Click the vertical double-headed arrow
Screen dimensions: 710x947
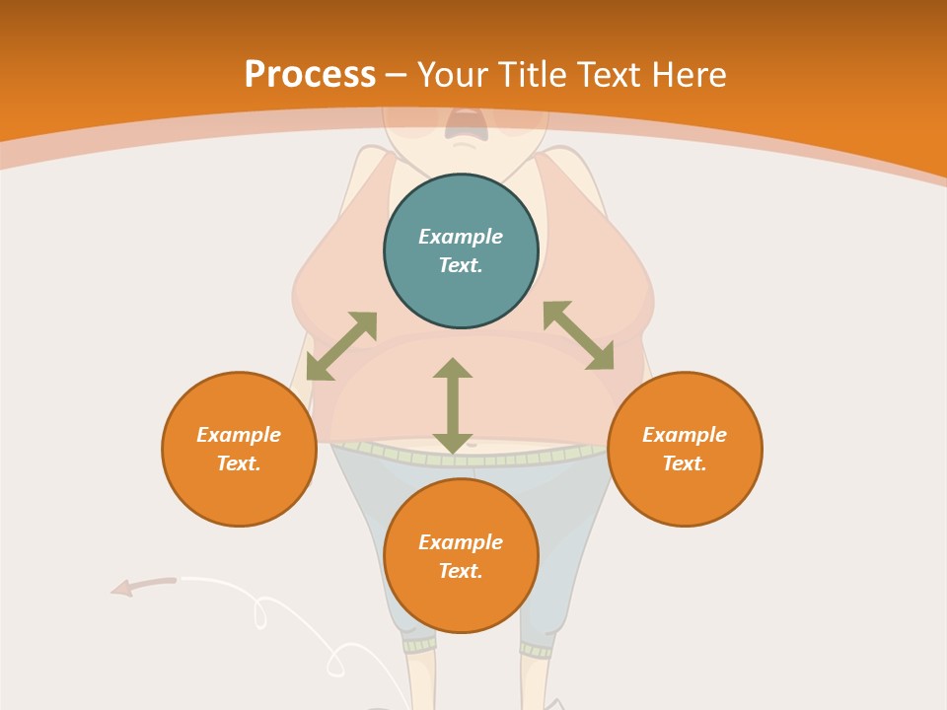pyautogui.click(x=453, y=405)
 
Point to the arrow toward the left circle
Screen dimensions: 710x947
pyautogui.click(x=341, y=346)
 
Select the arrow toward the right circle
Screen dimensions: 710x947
pyautogui.click(x=578, y=335)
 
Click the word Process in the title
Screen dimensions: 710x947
pyautogui.click(x=310, y=75)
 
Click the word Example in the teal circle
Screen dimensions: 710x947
pyautogui.click(x=461, y=237)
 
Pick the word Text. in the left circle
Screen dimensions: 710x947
pyautogui.click(x=239, y=463)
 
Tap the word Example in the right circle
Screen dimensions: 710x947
pyautogui.click(x=685, y=435)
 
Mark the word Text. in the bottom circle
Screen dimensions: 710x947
pyautogui.click(x=461, y=571)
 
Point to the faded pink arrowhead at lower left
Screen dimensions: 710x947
pyautogui.click(x=123, y=589)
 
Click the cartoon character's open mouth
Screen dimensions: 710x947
pyautogui.click(x=463, y=123)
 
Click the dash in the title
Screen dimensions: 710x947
pyautogui.click(x=397, y=76)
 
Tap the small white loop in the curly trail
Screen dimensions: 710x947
pyautogui.click(x=260, y=612)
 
